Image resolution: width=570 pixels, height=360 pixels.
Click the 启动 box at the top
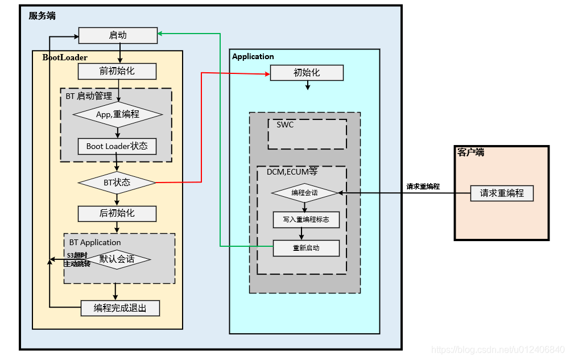coord(118,35)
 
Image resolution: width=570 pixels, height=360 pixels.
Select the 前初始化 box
coord(117,71)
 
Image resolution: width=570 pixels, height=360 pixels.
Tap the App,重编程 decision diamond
coord(118,114)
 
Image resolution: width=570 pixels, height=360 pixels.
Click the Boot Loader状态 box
coord(117,146)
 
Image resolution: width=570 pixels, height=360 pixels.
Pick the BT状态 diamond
coord(117,183)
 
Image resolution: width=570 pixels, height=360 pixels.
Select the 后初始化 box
coord(117,213)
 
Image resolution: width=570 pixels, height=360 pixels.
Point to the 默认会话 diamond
coord(117,259)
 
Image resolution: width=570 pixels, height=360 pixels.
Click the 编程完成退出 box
coord(120,308)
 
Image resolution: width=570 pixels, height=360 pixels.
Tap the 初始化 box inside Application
coord(307,73)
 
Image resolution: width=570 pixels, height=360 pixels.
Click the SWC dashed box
coord(307,134)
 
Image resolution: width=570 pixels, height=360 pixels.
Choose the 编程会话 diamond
coord(305,193)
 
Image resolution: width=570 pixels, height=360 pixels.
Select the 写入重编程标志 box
coord(306,220)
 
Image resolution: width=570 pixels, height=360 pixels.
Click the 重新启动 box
coord(306,248)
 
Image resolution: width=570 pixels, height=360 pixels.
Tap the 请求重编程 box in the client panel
coord(502,193)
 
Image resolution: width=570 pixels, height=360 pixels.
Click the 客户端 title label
coord(471,152)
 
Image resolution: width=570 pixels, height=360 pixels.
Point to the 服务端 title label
coord(42,16)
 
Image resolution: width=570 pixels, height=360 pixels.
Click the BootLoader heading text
coord(65,57)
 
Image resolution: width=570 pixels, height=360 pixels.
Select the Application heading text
coord(253,56)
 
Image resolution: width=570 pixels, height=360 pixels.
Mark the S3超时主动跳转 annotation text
coord(77,259)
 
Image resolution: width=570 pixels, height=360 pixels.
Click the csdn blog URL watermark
coord(498,350)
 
